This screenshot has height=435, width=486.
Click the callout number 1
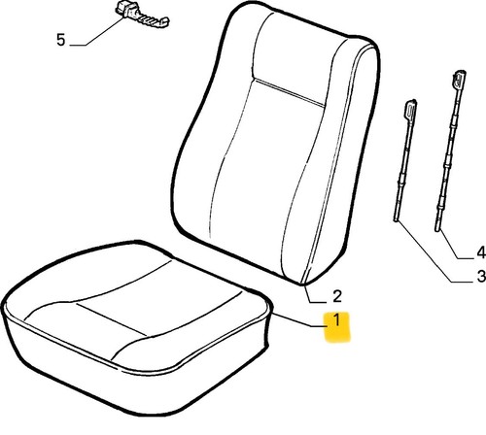coord(337,320)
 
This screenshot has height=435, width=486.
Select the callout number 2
coord(337,296)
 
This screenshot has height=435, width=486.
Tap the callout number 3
coord(481,276)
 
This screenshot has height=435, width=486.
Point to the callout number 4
coord(481,252)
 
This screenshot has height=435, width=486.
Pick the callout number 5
coord(61,40)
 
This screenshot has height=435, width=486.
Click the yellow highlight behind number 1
coord(337,327)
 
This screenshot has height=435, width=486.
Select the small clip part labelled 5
coord(141,15)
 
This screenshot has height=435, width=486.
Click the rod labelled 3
coord(404,161)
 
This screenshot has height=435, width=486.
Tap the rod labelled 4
coord(451,151)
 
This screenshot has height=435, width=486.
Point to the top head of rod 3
coord(410,109)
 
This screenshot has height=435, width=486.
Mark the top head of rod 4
coord(460,80)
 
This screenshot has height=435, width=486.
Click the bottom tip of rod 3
coord(396,220)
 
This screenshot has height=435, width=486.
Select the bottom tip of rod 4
coord(437,230)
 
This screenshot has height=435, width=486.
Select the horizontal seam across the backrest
coord(289,92)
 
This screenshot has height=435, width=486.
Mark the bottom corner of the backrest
coord(304,284)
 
